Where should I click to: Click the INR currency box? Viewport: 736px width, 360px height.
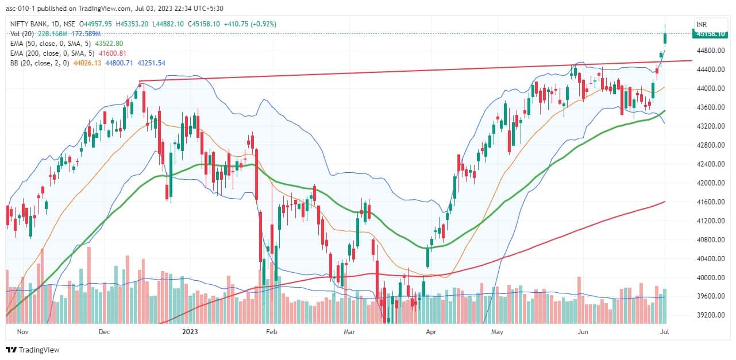click(702, 24)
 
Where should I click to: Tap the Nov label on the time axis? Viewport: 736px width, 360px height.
click(23, 332)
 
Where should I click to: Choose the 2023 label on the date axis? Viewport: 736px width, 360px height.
click(190, 332)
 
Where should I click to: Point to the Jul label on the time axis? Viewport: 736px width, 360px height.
click(665, 332)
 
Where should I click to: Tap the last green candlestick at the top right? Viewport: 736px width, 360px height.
click(665, 38)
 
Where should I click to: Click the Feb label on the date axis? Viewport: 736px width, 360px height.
click(272, 332)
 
